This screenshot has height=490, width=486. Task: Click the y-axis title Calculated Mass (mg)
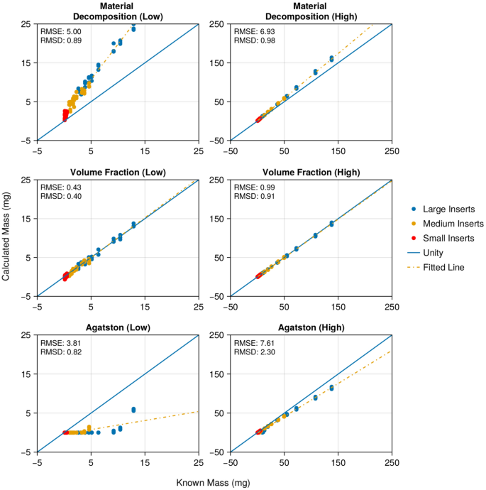point(6,238)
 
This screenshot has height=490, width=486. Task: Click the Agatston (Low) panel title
point(117,328)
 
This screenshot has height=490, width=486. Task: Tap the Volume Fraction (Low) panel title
point(117,173)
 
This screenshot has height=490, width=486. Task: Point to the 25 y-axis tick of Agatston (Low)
point(26,335)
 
